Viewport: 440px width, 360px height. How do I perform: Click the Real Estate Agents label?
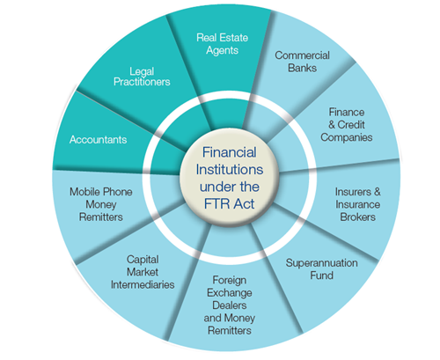[x=223, y=44]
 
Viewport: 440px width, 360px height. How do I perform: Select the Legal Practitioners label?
[x=142, y=77]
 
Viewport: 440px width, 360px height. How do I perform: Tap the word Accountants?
[x=98, y=140]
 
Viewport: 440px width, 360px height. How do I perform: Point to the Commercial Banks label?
[x=302, y=62]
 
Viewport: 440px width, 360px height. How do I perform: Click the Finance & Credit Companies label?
[x=347, y=125]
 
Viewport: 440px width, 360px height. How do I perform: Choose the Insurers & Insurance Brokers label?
[x=358, y=204]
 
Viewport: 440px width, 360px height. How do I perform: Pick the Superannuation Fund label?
[x=322, y=269]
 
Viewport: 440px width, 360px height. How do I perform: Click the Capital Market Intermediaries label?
[x=143, y=272]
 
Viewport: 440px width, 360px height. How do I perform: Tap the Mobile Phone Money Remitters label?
[x=101, y=204]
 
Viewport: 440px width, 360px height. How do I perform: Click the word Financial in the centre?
[x=230, y=152]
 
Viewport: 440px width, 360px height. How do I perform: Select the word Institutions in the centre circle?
[x=230, y=170]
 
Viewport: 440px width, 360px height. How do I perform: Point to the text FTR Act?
[x=230, y=204]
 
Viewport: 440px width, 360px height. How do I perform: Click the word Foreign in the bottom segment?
[x=230, y=280]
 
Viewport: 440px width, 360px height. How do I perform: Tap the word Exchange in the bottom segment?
[x=230, y=293]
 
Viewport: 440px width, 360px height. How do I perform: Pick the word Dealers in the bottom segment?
[x=230, y=305]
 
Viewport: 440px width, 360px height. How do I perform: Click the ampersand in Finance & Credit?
[x=332, y=125]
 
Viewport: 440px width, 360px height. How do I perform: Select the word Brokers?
[x=358, y=217]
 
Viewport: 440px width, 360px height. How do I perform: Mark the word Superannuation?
[x=322, y=263]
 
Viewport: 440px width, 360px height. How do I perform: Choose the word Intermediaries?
[x=143, y=284]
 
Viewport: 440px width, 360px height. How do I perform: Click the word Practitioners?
[x=142, y=82]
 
